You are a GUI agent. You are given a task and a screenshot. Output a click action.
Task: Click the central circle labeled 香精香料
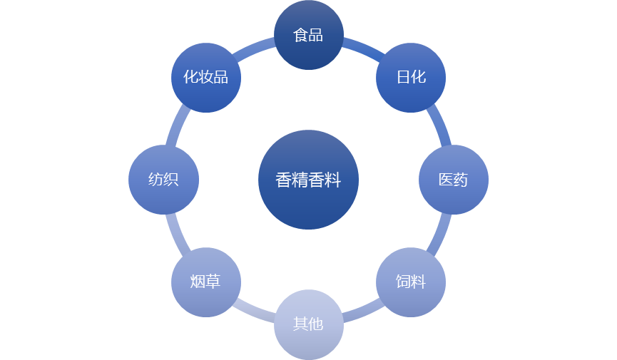click(308, 180)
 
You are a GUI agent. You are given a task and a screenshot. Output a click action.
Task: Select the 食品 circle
click(308, 35)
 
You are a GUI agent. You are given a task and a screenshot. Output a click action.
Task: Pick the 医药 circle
click(453, 180)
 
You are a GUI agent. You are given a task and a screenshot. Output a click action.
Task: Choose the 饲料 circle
click(411, 282)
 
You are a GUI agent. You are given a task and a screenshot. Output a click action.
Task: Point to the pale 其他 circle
click(308, 324)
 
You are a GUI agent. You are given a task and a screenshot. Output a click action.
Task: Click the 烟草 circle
click(205, 282)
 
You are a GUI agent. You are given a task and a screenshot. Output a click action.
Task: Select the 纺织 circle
click(163, 180)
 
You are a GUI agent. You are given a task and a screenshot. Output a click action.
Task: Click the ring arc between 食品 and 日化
click(364, 46)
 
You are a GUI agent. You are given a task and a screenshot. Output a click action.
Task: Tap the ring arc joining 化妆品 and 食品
click(253, 46)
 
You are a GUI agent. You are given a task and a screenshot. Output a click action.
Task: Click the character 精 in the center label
click(300, 180)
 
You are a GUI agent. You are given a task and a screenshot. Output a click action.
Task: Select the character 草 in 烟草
click(213, 282)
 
